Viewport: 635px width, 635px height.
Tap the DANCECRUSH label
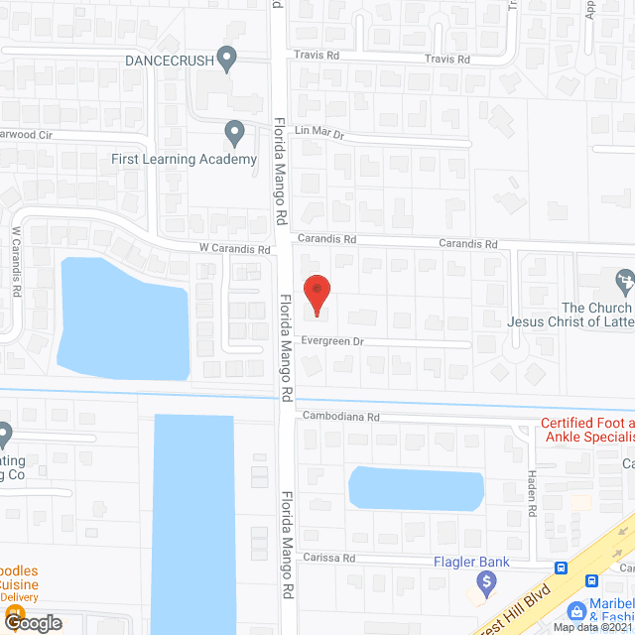(169, 60)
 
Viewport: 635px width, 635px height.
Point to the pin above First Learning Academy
(235, 132)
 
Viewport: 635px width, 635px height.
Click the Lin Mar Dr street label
(318, 131)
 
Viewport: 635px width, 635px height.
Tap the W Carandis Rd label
(234, 250)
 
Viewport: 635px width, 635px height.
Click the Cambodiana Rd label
(341, 417)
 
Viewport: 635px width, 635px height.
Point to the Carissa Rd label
(329, 558)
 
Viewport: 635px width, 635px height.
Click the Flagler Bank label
(470, 563)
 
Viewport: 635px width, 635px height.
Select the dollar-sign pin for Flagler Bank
(484, 586)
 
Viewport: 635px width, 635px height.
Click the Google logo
(32, 623)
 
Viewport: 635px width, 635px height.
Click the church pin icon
(624, 282)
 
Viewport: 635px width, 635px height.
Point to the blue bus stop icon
(562, 568)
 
